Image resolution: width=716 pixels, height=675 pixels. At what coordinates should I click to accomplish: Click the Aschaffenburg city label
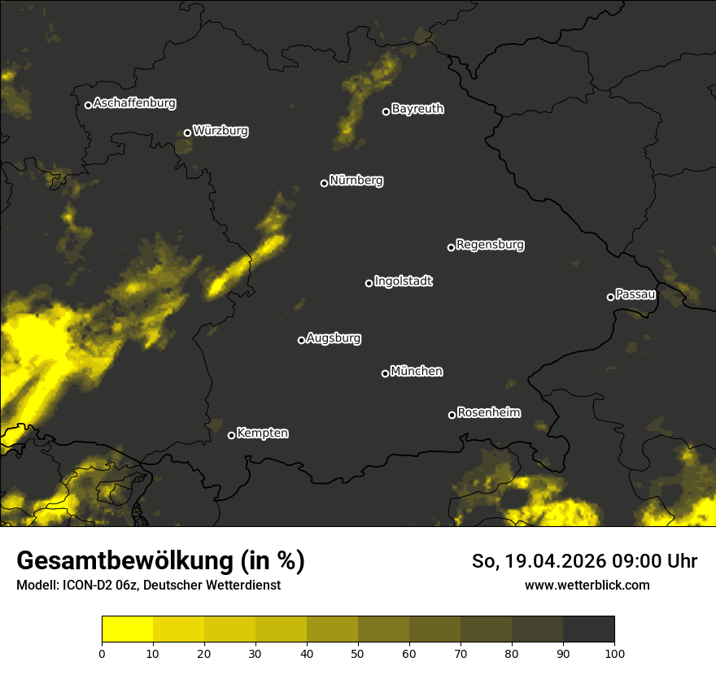[134, 103]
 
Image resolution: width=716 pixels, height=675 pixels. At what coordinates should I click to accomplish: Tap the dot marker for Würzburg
[187, 133]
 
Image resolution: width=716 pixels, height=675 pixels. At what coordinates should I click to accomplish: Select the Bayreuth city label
[417, 109]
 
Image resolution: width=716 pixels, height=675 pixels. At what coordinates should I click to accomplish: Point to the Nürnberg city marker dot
[324, 183]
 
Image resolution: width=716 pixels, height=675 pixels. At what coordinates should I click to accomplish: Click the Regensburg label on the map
[490, 244]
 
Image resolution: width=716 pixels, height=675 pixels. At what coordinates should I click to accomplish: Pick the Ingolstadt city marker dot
[369, 283]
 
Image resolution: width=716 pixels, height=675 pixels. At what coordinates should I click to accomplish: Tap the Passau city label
[635, 294]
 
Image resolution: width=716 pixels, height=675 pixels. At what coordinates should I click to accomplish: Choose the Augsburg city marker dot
[301, 340]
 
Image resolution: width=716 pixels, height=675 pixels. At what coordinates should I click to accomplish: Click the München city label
[417, 372]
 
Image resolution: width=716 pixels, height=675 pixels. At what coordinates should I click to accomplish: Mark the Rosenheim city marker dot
[452, 416]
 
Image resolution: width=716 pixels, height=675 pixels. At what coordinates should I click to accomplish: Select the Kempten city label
[262, 433]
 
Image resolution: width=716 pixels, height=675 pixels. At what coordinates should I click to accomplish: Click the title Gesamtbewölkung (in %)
[160, 561]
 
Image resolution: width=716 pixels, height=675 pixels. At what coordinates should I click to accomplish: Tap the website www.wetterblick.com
[587, 585]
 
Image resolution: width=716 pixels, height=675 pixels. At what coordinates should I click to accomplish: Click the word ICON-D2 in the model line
[83, 585]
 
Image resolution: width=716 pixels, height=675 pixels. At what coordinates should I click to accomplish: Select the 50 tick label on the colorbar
[358, 653]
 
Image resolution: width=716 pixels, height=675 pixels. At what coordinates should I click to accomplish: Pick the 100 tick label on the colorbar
[613, 653]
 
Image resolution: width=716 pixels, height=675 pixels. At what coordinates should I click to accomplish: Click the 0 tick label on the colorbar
[102, 653]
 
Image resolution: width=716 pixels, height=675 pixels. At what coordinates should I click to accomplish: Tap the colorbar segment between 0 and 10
[127, 629]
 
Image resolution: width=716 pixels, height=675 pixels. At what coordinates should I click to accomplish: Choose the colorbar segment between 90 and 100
[588, 629]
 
